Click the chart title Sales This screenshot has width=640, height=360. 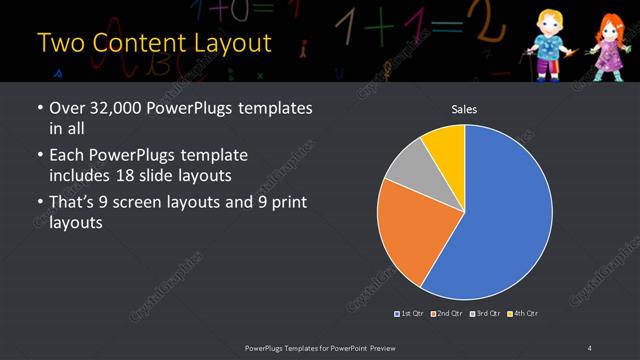[463, 109]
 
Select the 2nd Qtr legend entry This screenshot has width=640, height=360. [449, 313]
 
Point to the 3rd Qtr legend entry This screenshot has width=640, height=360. [486, 313]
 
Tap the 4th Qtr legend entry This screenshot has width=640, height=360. [523, 313]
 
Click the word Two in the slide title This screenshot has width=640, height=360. [61, 43]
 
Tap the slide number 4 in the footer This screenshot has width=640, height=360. [590, 347]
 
